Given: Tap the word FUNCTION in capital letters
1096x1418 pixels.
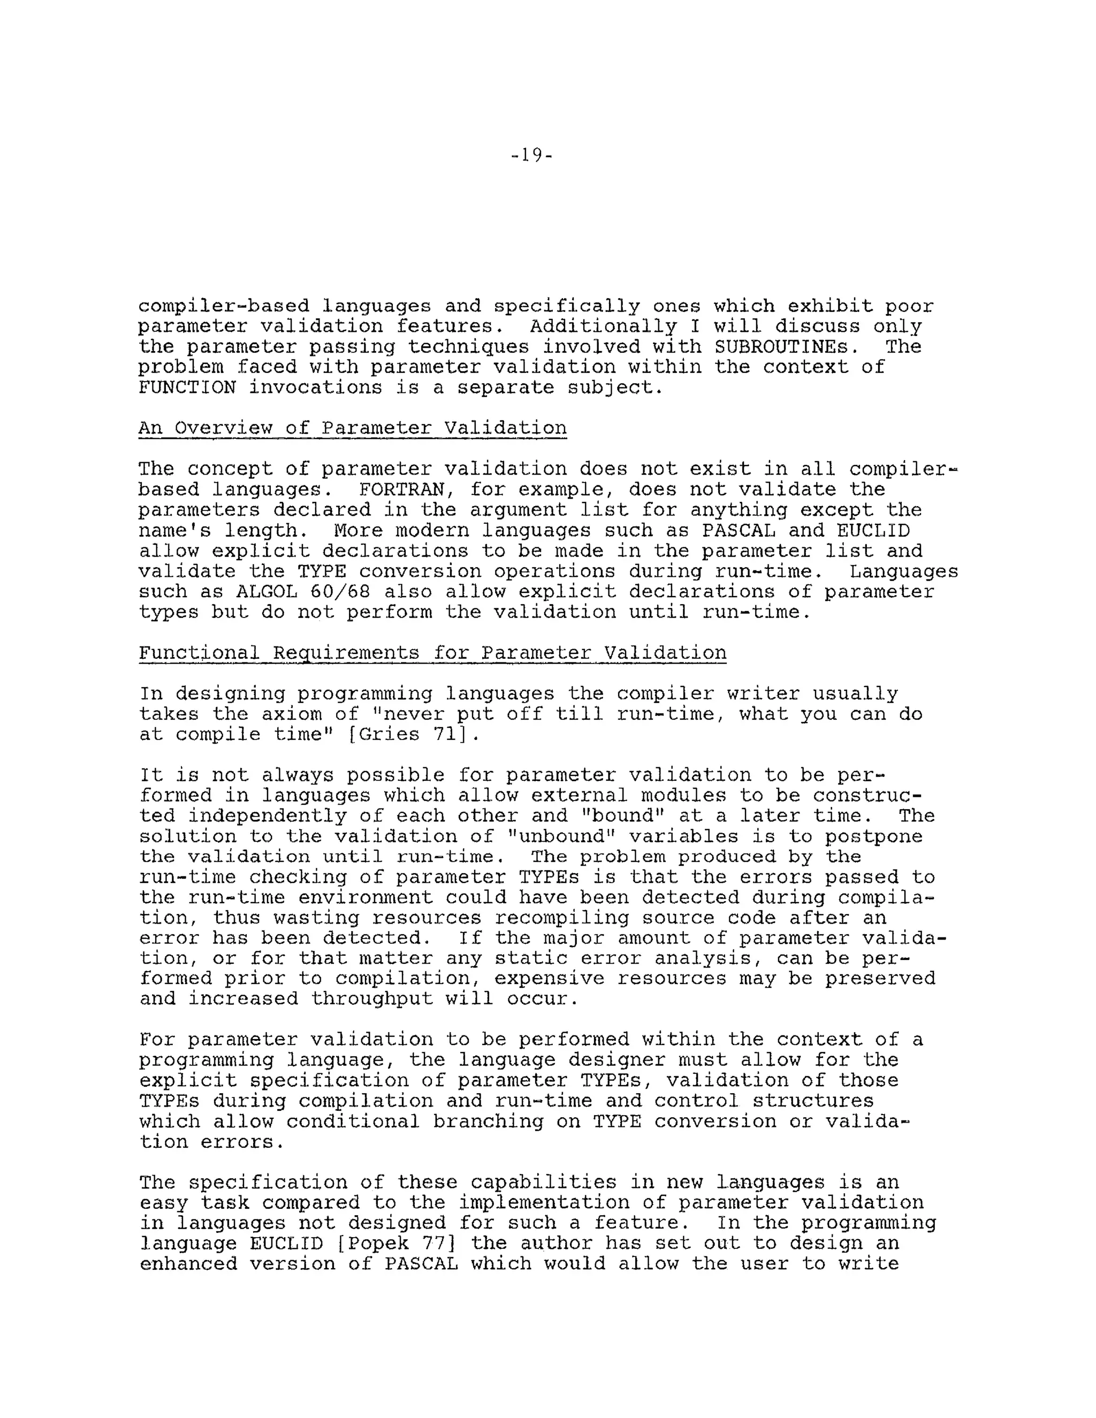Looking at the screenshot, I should (187, 387).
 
